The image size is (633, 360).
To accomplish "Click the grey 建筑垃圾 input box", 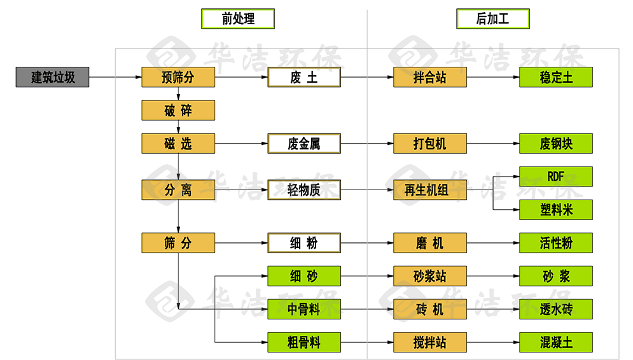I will point(53,78).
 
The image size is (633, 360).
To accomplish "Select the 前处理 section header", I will point(238,19).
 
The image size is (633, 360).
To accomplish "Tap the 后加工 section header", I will point(492,19).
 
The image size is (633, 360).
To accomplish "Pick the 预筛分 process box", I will point(177,78).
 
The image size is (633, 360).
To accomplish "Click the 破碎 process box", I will point(177,111).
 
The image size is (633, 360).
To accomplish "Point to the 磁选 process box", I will point(177,144).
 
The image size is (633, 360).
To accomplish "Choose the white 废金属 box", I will point(304,144).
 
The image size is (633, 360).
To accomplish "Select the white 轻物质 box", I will point(304,190).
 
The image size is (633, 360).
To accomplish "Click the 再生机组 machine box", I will point(430,190).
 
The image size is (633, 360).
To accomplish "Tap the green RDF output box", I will point(556,176).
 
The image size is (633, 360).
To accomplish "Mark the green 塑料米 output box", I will point(556,209).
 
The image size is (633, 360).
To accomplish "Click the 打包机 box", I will point(430,144).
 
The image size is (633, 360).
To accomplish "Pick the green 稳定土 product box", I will point(556,78).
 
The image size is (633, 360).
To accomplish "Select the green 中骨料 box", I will point(304,309).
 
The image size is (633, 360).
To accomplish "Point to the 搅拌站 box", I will point(430,342).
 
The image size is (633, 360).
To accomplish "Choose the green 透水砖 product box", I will point(556,309).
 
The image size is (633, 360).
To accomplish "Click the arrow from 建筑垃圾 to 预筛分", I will point(115,78).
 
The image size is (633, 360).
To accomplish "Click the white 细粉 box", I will point(304,242).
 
